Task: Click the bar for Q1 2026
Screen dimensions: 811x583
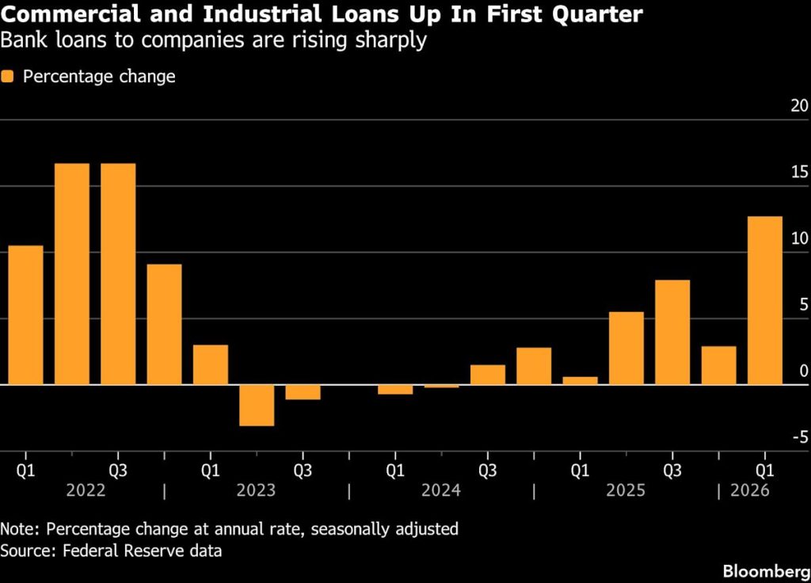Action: coord(764,300)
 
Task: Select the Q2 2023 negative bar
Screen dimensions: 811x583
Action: coord(257,405)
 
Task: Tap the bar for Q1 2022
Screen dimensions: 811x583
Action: coord(26,314)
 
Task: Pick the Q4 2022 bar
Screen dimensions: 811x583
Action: coord(164,324)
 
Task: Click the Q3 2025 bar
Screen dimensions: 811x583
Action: coord(672,332)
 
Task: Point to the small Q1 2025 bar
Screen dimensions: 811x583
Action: coord(580,380)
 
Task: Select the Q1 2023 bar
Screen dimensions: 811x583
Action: coord(211,364)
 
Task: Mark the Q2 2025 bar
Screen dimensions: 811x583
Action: coord(626,349)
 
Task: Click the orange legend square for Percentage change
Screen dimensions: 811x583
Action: coord(7,77)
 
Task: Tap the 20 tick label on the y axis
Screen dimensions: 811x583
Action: coord(799,105)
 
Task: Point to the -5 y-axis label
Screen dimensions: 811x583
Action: coord(800,437)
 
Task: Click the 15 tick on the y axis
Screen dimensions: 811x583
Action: coord(799,172)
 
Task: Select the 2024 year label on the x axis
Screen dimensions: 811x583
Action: coord(440,490)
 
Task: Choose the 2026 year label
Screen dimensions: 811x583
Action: coord(749,490)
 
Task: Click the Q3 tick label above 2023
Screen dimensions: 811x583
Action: coord(303,471)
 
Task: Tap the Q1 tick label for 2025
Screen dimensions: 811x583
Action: coord(580,471)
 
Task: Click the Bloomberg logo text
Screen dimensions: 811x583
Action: coord(767,571)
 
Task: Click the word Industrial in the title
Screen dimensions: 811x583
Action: coord(261,14)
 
